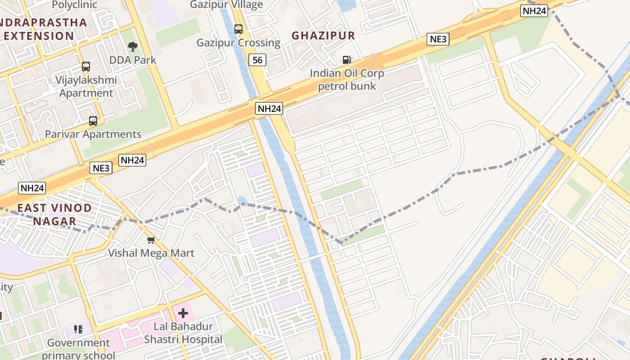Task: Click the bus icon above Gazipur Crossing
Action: pyautogui.click(x=238, y=29)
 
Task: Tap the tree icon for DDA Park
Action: pyautogui.click(x=132, y=46)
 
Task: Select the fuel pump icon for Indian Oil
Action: pyautogui.click(x=346, y=59)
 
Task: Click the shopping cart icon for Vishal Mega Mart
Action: pyautogui.click(x=151, y=239)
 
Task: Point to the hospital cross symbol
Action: pyautogui.click(x=183, y=313)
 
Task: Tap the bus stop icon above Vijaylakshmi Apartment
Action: pyautogui.click(x=85, y=67)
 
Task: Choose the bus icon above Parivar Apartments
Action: pyautogui.click(x=93, y=121)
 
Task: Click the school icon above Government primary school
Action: pyautogui.click(x=78, y=329)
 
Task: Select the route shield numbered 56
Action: pyautogui.click(x=257, y=60)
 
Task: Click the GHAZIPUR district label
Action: pyautogui.click(x=323, y=36)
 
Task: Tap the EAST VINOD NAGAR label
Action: pyautogui.click(x=54, y=215)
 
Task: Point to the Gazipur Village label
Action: pyautogui.click(x=226, y=5)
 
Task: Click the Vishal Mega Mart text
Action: pyautogui.click(x=151, y=253)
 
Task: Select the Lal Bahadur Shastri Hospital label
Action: pyautogui.click(x=183, y=333)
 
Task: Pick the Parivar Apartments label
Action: pyautogui.click(x=93, y=134)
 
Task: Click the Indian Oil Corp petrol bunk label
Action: pyautogui.click(x=346, y=80)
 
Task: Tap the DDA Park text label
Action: pyautogui.click(x=133, y=60)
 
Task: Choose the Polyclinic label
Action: pyautogui.click(x=75, y=5)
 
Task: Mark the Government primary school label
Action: pyautogui.click(x=79, y=349)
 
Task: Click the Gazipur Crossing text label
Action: pyautogui.click(x=238, y=43)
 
